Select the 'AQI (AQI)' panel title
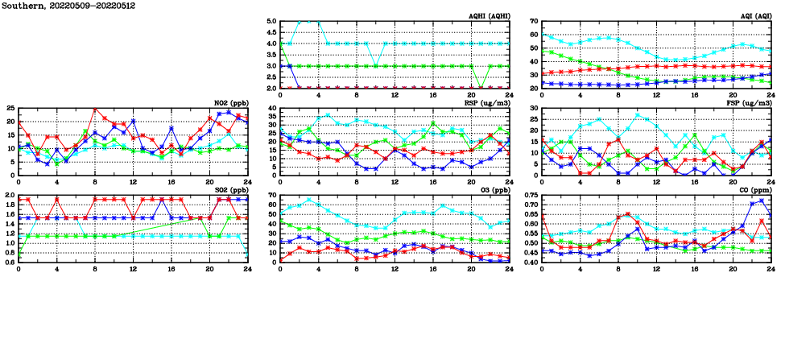pos(753,16)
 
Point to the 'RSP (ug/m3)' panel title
pos(488,103)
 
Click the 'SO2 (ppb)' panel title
pos(231,190)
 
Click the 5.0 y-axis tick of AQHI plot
pos(271,22)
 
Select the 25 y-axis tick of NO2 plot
pos(10,108)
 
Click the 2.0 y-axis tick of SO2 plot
pos(9,195)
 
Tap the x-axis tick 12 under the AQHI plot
pos(395,94)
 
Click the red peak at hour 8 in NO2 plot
pos(95,109)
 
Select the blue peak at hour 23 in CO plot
pos(762,201)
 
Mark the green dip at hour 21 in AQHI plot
pos(480,87)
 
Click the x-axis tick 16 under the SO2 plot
pos(171,268)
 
